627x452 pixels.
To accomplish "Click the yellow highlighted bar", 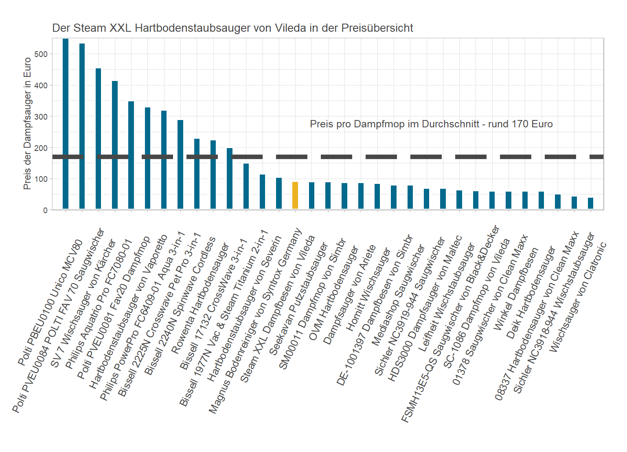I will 295,196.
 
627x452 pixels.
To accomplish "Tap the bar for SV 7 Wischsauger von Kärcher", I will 98,138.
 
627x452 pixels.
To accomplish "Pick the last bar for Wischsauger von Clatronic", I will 590,203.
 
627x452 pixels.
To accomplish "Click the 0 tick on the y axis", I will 45,210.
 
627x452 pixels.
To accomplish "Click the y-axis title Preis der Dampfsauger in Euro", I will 27,123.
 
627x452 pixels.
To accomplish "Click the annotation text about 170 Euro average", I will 431,124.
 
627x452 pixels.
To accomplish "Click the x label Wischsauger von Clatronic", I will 578,297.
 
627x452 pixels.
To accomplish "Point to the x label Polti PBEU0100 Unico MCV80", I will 51,303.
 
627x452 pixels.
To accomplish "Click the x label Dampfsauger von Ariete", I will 349,295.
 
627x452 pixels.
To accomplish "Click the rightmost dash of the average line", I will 596,157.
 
